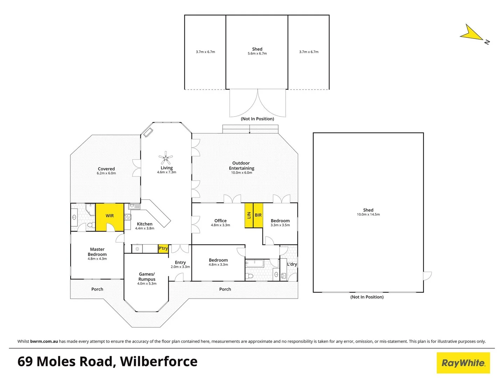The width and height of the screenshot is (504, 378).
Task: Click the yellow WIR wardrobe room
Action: (x=110, y=217)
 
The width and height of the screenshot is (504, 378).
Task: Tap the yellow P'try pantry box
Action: (x=163, y=248)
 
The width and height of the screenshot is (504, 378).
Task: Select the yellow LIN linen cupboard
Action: (x=249, y=215)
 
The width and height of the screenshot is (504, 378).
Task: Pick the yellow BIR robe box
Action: (x=258, y=215)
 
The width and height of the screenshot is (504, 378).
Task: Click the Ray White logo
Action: (x=463, y=363)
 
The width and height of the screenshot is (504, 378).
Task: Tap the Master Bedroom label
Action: (x=97, y=252)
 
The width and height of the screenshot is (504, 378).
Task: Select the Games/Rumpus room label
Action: (x=147, y=277)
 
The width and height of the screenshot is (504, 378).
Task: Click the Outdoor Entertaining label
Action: (x=241, y=166)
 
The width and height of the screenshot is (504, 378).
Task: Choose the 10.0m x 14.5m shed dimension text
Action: (x=368, y=215)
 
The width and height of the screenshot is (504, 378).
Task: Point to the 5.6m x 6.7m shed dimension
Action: (x=257, y=54)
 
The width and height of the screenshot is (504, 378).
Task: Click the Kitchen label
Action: (x=145, y=224)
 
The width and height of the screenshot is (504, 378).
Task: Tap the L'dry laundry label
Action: (x=292, y=264)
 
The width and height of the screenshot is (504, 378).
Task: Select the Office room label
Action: (x=220, y=220)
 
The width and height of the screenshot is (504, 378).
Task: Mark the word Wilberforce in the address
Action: (x=159, y=362)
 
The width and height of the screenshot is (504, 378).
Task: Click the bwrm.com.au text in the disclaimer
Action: (x=44, y=341)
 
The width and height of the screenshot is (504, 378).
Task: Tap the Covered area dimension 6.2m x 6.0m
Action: (x=106, y=173)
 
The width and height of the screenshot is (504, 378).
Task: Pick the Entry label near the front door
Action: (x=180, y=262)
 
